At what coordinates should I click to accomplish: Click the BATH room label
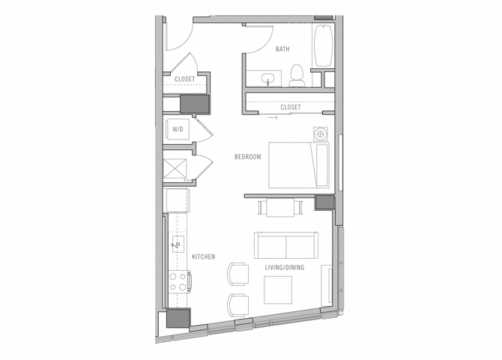282,49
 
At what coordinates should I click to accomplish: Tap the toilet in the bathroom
296,74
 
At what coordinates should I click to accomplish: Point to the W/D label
178,129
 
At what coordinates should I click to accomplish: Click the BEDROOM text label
247,157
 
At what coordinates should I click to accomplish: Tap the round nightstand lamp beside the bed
320,134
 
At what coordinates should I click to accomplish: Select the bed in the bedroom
299,166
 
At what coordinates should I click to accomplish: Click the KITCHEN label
203,256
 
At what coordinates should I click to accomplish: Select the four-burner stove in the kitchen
178,281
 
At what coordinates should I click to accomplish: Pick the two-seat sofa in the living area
285,245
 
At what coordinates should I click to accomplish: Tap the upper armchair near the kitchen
238,274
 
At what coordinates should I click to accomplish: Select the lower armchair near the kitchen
238,304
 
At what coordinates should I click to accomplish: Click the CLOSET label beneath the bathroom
290,107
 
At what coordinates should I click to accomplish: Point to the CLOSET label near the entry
184,79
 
